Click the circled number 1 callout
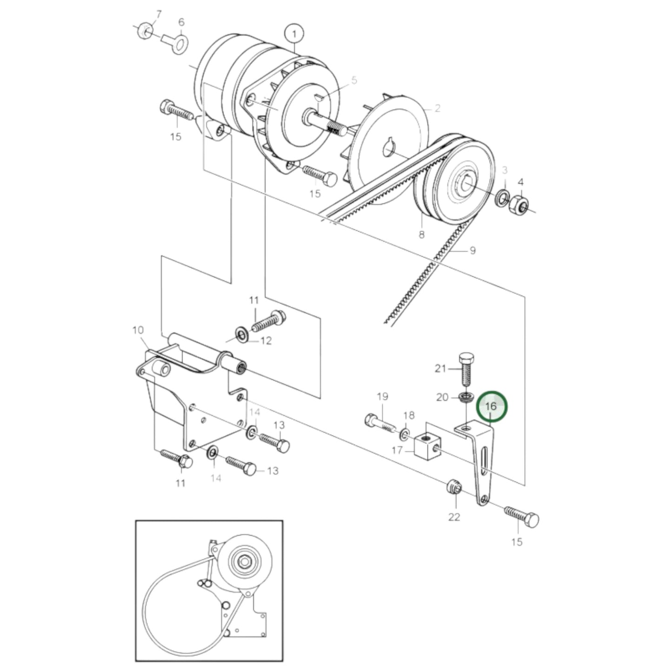point(294,34)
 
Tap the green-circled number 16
point(492,406)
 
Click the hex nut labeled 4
point(518,204)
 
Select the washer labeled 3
point(502,198)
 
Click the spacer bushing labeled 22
point(454,488)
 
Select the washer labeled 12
point(242,334)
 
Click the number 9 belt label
point(472,251)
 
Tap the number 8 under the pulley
point(421,234)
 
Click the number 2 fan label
point(437,108)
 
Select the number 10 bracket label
point(138,330)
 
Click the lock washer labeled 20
point(465,397)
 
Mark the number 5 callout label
point(354,80)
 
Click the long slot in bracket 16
point(484,459)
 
